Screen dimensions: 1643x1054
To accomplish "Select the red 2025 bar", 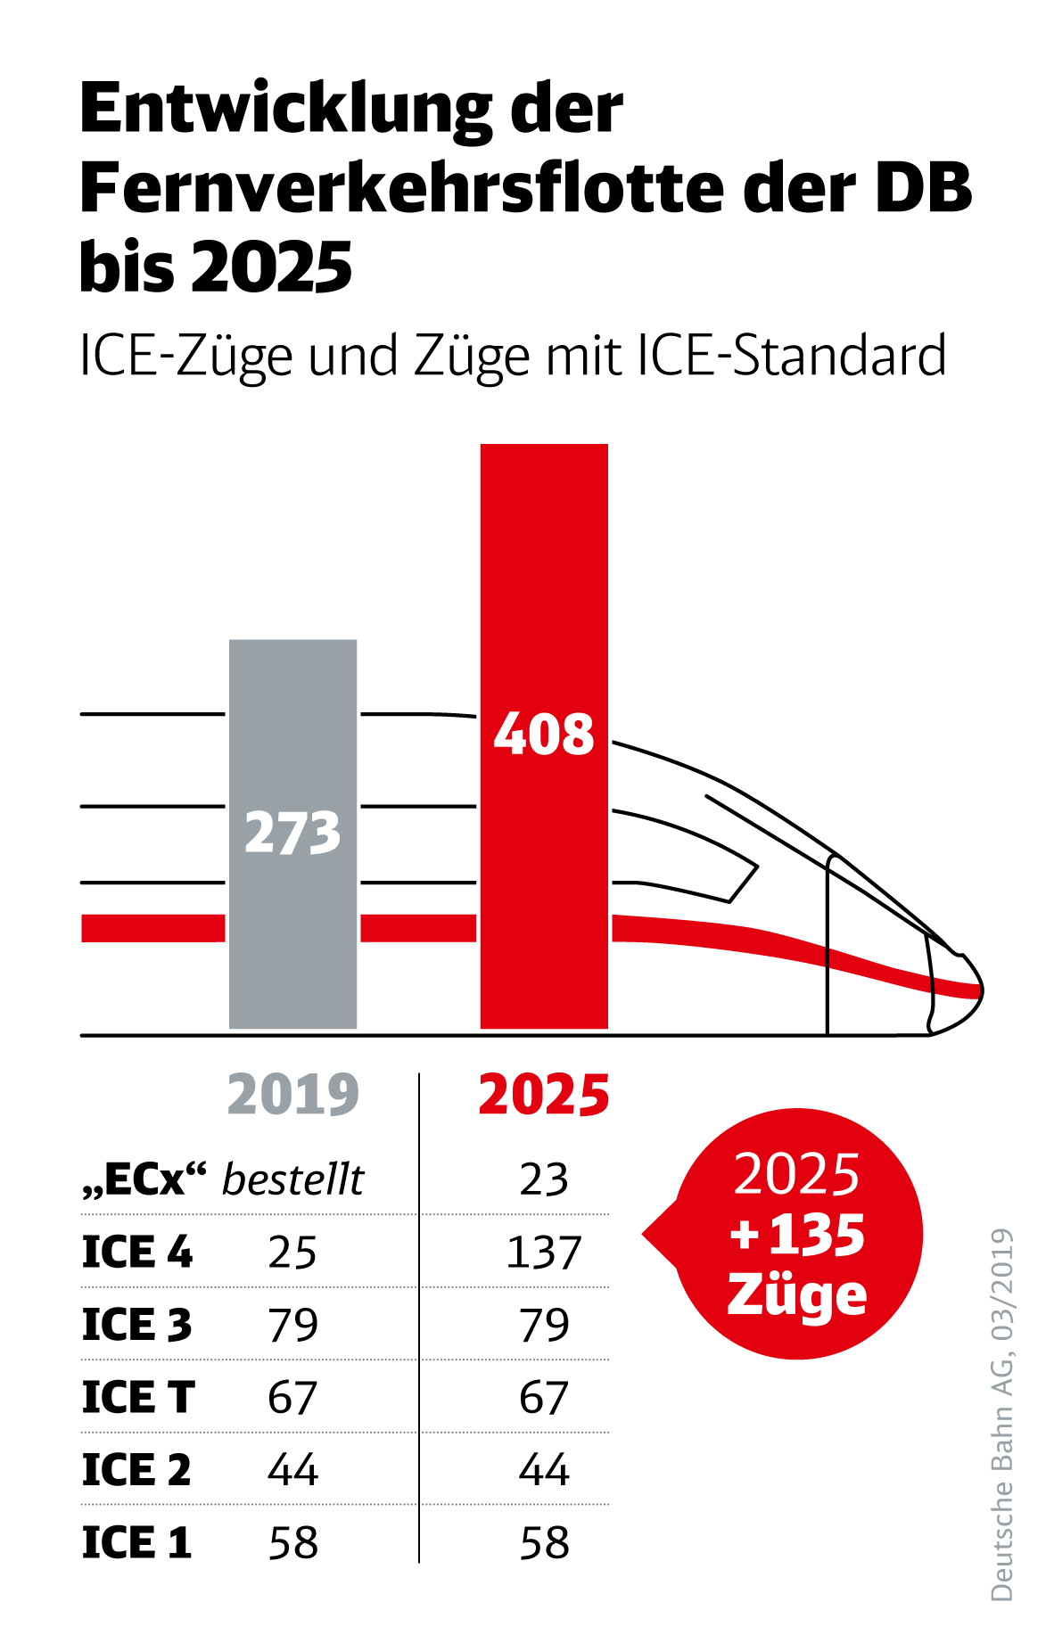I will tap(544, 579).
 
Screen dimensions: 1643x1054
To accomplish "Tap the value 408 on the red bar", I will tap(544, 735).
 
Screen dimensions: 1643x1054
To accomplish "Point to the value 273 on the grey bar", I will tap(292, 833).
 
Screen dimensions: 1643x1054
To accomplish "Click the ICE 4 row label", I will tap(137, 1252).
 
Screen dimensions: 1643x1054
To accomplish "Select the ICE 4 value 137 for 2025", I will tap(544, 1252).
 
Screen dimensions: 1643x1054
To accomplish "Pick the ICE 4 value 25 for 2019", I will tap(292, 1252).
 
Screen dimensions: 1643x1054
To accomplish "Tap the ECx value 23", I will tap(544, 1179).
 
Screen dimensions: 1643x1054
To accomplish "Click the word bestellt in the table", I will tap(292, 1179).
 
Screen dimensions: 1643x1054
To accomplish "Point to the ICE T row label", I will tap(138, 1397).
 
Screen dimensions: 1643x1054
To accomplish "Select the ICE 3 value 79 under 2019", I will tap(292, 1325).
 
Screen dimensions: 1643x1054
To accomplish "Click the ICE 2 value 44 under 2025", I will tap(544, 1469).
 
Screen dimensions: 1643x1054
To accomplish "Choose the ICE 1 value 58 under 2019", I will tap(292, 1542).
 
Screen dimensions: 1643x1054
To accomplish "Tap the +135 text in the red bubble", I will tap(797, 1235).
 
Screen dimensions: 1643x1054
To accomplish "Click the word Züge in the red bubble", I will tap(797, 1294).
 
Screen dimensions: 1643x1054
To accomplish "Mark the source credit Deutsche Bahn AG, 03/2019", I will tap(1002, 1414).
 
